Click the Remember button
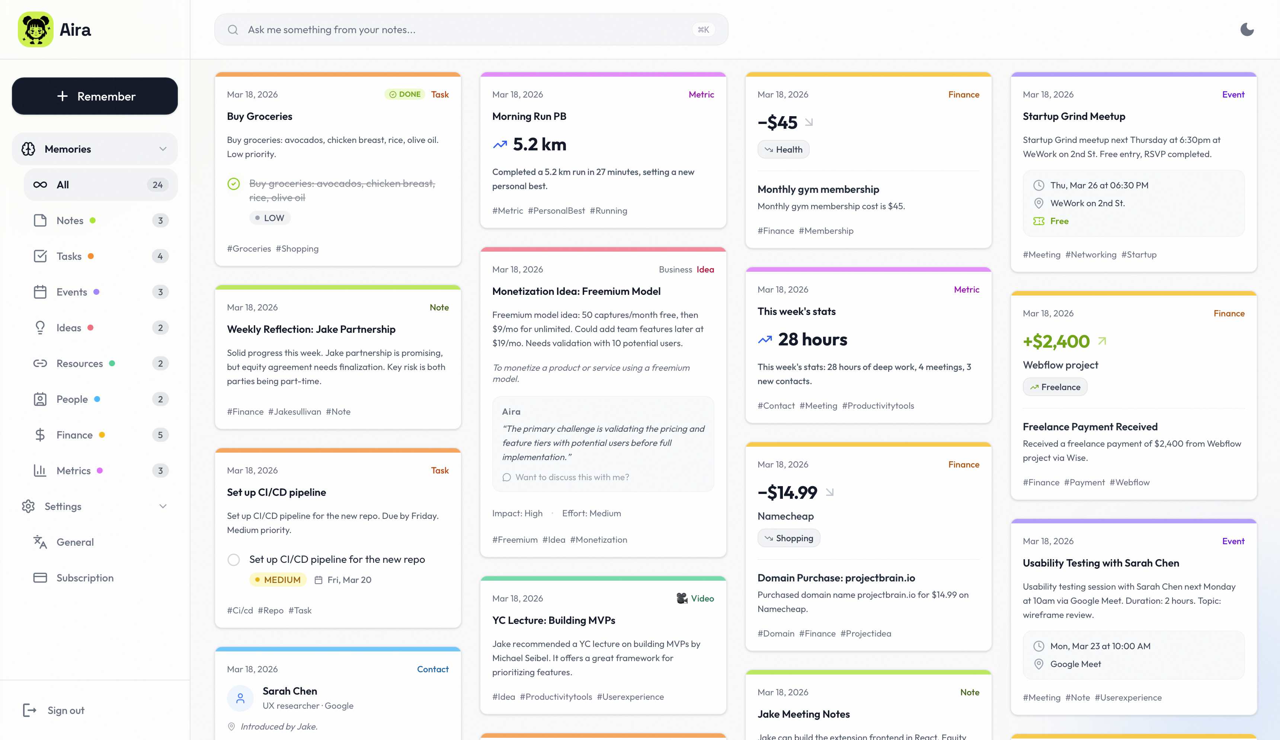pyautogui.click(x=95, y=96)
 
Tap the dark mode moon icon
pyautogui.click(x=1247, y=29)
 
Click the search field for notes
pyautogui.click(x=457, y=29)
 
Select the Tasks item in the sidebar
pyautogui.click(x=69, y=256)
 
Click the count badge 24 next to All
pyautogui.click(x=157, y=185)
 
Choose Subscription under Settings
pyautogui.click(x=85, y=578)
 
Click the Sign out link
pyautogui.click(x=65, y=711)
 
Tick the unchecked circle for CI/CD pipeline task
pyautogui.click(x=234, y=559)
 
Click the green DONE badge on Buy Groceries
pyautogui.click(x=405, y=94)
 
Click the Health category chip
pyautogui.click(x=783, y=149)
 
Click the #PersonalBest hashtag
pyautogui.click(x=556, y=210)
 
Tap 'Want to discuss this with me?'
pyautogui.click(x=572, y=477)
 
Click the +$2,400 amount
pyautogui.click(x=1056, y=341)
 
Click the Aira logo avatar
pyautogui.click(x=36, y=29)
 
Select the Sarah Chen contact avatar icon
pyautogui.click(x=240, y=698)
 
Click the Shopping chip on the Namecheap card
pyautogui.click(x=789, y=538)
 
